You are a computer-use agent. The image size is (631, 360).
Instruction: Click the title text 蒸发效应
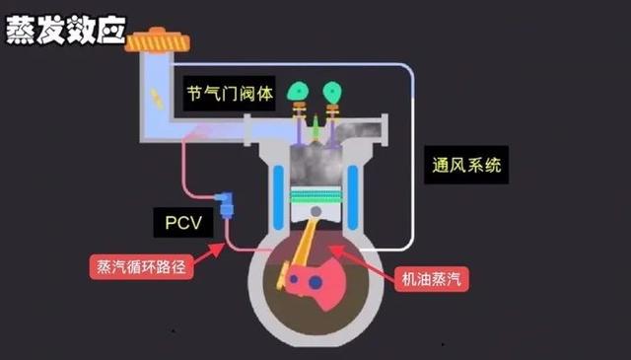tap(66, 30)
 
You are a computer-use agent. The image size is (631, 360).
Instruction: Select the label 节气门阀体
tap(226, 94)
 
